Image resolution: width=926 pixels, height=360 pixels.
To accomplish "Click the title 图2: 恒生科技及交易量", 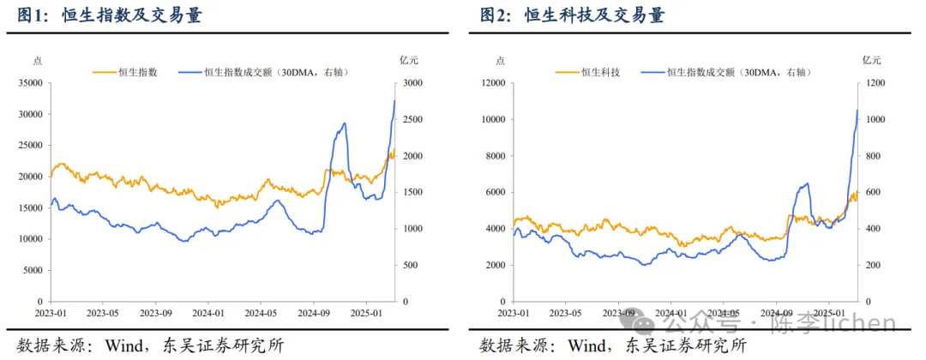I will coord(572,16).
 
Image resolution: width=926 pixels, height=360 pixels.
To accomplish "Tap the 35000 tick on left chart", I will coord(31,83).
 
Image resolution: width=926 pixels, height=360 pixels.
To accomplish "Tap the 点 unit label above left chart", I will coord(37,60).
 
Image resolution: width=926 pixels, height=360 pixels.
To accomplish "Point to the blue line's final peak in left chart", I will coord(394,101).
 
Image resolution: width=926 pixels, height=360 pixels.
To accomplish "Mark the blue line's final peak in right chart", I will coord(857,111).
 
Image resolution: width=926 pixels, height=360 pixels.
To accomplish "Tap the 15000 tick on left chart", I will coord(31,208).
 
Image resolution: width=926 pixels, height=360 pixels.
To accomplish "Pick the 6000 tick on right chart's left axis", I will coord(497,193).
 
